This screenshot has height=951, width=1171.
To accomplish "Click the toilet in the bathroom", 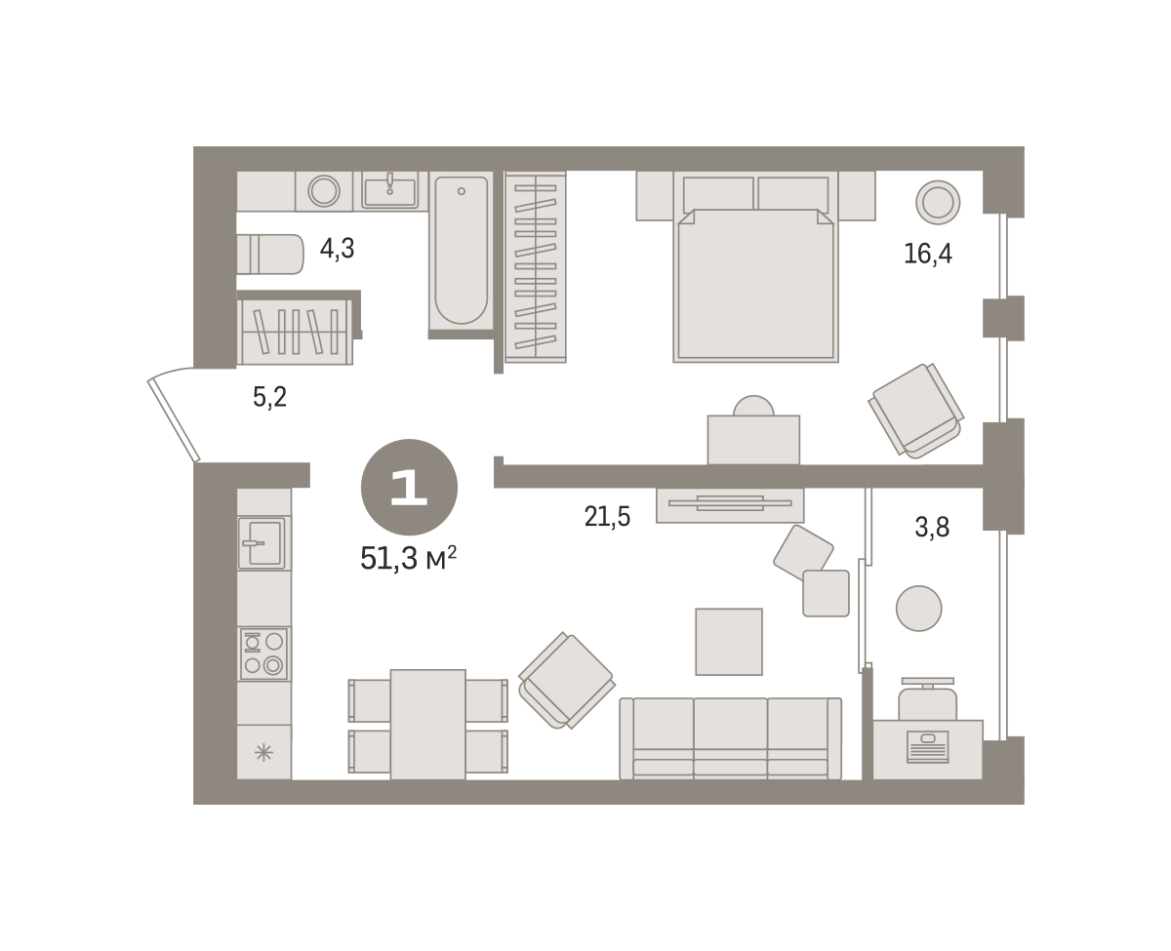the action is tap(270, 254).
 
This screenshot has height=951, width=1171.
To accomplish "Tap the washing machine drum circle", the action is tap(324, 191).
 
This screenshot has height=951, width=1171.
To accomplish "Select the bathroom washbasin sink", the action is tap(389, 190).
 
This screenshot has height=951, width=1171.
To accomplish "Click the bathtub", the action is tap(461, 250).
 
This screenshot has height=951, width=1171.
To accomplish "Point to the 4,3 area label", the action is tap(337, 249).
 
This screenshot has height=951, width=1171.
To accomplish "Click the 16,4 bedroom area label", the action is tap(927, 254).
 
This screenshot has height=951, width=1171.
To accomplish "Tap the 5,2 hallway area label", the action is tap(269, 397).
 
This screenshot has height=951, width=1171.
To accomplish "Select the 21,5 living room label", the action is tap(607, 517).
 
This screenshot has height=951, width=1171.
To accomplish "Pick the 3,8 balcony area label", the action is tap(932, 528).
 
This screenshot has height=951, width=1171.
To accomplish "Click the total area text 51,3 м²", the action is tap(409, 558).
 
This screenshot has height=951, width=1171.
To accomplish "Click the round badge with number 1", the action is tap(409, 488).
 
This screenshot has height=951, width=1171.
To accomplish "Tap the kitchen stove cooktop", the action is tap(263, 654).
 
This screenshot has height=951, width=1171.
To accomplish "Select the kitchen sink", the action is tap(262, 542).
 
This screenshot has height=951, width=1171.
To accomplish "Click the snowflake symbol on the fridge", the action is tap(263, 752).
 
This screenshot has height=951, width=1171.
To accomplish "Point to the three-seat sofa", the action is tap(731, 738).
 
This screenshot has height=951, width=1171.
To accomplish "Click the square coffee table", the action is tap(728, 642).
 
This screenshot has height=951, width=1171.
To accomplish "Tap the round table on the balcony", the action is tap(918, 609).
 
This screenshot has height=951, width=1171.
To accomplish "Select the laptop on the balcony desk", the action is tap(927, 746).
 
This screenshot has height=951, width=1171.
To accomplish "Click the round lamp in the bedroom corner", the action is tap(938, 202).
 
